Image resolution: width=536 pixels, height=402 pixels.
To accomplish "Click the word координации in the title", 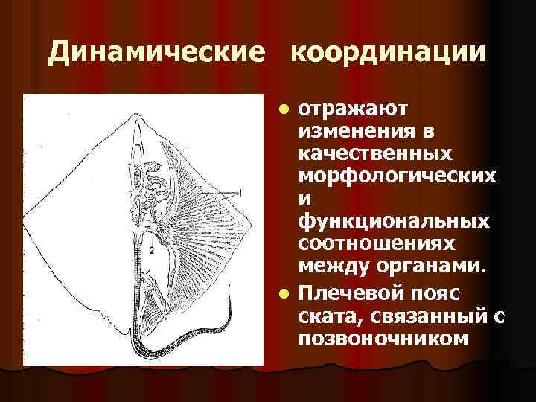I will tap(388, 54).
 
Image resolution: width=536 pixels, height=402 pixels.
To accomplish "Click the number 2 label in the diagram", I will tap(152, 251).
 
